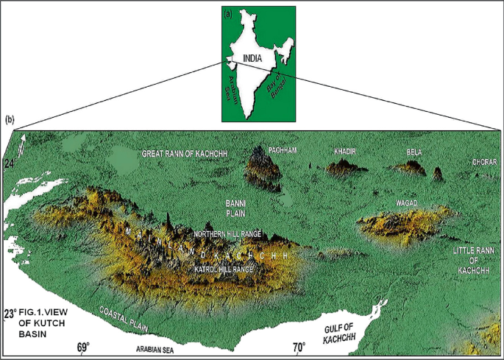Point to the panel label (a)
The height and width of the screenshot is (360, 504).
(x=228, y=13)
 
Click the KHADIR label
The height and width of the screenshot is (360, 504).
(x=345, y=151)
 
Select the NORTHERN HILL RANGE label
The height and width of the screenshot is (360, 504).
(x=227, y=233)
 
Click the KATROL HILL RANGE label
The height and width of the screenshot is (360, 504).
(x=224, y=270)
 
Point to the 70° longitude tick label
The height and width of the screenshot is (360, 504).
(x=299, y=346)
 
